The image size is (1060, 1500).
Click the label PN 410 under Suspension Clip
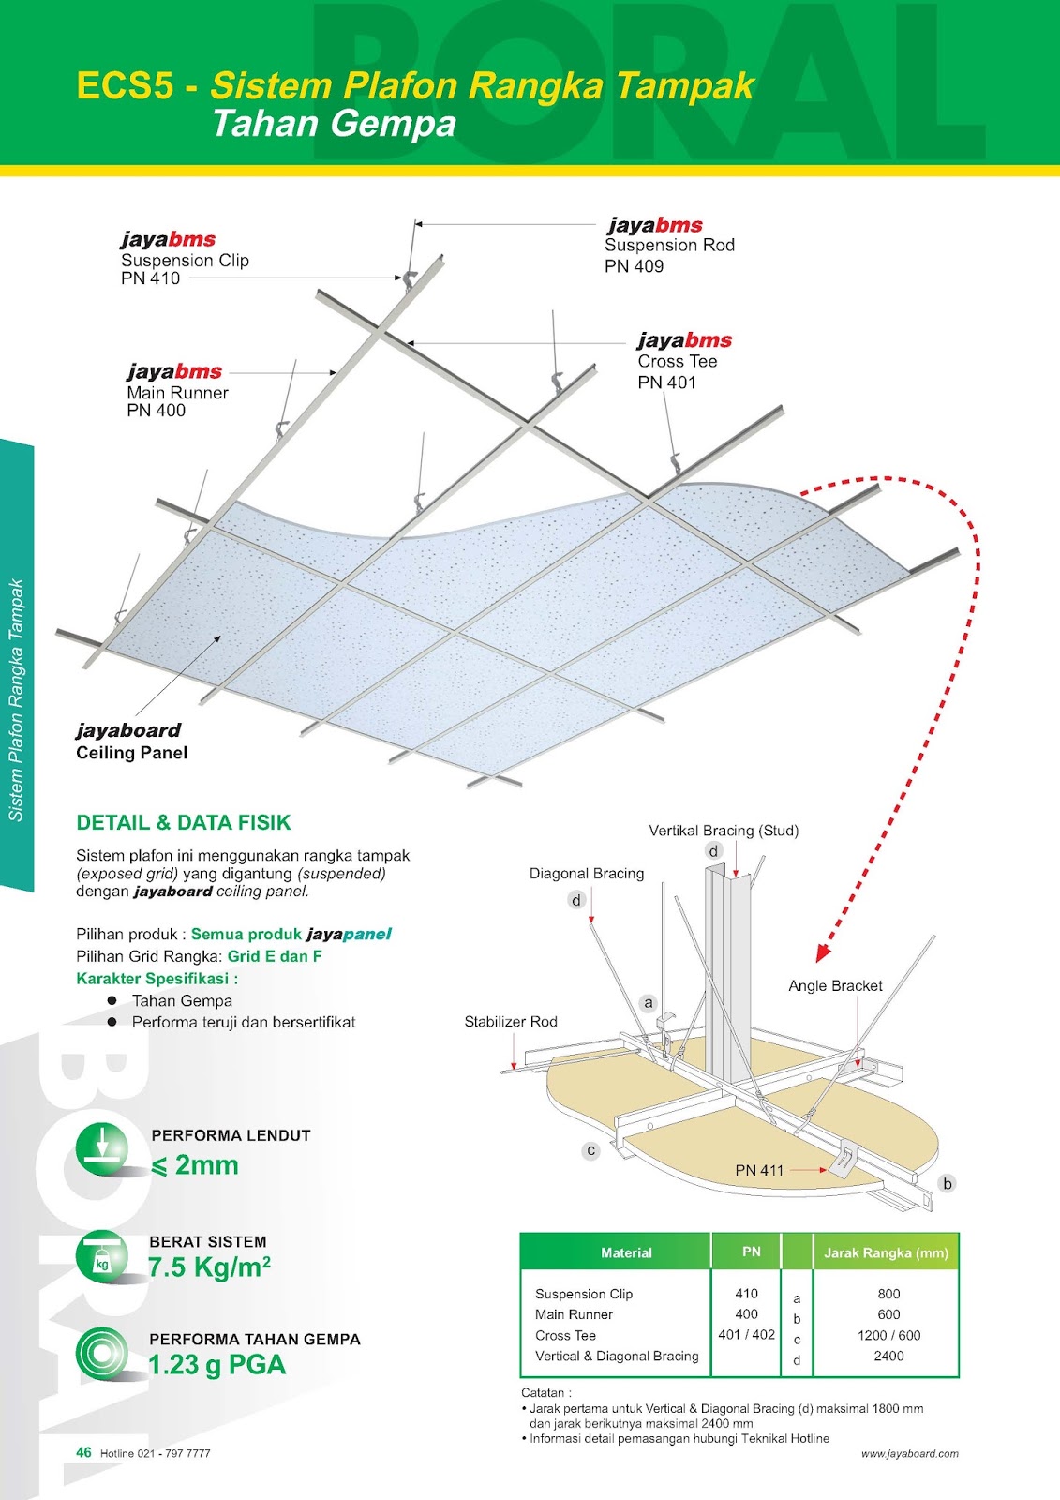[x=150, y=278]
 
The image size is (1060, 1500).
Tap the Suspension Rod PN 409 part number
[x=634, y=266]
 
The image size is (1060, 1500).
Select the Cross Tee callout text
[x=677, y=362]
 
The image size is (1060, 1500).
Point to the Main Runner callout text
[x=177, y=393]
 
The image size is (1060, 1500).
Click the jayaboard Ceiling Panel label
[x=131, y=742]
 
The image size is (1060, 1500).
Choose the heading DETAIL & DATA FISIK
[x=184, y=822]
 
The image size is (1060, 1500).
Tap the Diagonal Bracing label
[x=587, y=874]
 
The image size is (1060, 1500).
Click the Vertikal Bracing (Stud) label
[x=724, y=831]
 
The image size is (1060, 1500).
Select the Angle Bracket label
[x=835, y=986]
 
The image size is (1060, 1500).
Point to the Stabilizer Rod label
[x=511, y=1022]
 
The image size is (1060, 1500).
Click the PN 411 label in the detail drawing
[x=759, y=1170]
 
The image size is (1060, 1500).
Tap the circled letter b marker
[x=948, y=1183]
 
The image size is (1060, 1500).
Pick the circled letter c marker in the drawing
[x=590, y=1150]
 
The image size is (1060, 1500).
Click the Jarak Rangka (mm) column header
[x=886, y=1252]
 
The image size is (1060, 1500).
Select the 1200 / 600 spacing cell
[x=888, y=1335]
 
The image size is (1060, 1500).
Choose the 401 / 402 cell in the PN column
[x=747, y=1335]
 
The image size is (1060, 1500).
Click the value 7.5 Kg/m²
[x=209, y=1267]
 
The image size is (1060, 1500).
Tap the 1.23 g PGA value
[x=217, y=1365]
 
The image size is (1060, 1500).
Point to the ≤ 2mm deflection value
[x=195, y=1165]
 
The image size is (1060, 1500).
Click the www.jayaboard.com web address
[x=909, y=1454]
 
